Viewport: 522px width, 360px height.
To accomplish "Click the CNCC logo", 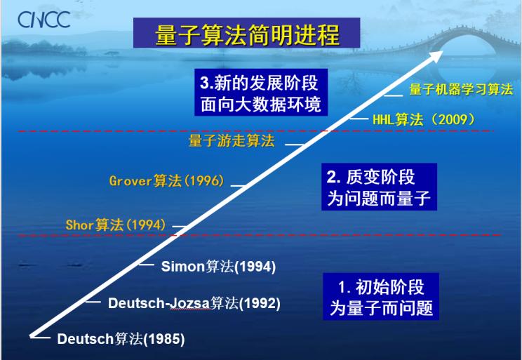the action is (x=44, y=20).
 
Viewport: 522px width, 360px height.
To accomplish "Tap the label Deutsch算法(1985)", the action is (x=121, y=339).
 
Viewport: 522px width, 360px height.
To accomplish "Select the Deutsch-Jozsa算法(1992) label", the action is (x=194, y=303).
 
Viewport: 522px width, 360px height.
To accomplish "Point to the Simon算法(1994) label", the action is (x=218, y=267).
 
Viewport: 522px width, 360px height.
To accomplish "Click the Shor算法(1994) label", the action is (x=116, y=225).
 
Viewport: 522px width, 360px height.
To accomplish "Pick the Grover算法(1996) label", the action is (x=167, y=181).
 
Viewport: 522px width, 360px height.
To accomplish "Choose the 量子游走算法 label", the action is (x=232, y=141).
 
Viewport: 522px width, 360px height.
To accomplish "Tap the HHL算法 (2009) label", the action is (x=424, y=119).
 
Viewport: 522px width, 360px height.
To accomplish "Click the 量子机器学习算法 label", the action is (x=461, y=89).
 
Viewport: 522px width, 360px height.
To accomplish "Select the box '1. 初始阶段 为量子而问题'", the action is (x=381, y=296).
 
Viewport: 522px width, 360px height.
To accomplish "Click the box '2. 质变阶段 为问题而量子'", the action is (x=379, y=187).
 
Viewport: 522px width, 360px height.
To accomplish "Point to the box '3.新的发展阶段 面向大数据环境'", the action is (x=261, y=92).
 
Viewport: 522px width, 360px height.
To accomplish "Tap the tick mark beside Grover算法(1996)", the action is (x=239, y=185).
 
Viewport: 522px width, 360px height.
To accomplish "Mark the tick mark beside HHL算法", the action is (x=359, y=118).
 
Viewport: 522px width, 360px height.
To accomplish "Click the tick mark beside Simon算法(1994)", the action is (x=147, y=265).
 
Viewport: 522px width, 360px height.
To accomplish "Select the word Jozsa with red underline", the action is (x=189, y=303).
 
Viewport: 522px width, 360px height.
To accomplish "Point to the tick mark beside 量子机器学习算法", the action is (x=394, y=95).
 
